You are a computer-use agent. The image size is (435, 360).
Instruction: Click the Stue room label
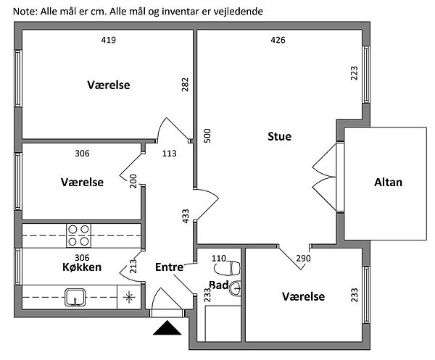279,135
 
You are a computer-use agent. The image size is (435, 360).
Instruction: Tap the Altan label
389,183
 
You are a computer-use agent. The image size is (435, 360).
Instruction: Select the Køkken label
82,267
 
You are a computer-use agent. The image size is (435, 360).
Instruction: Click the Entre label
169,267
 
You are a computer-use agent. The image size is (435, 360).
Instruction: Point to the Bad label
219,284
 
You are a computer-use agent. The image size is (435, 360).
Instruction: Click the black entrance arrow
168,330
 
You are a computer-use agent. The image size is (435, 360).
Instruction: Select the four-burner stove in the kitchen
79,235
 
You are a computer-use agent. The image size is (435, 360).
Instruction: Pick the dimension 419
109,40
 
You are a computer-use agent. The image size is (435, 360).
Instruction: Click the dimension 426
278,40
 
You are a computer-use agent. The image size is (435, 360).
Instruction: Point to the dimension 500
207,135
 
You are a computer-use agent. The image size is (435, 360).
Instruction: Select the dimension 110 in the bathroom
219,257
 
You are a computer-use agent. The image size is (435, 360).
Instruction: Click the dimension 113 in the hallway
169,153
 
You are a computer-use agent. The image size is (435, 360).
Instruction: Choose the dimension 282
185,85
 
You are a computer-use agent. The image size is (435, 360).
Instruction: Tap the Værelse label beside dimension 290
303,296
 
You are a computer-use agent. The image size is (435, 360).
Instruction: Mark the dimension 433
185,217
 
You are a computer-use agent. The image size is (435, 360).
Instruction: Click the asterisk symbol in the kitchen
129,296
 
